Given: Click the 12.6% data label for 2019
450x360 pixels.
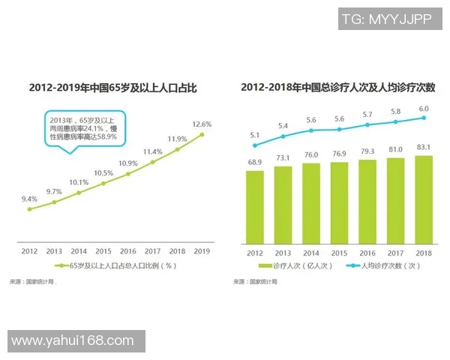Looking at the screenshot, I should coord(202,124).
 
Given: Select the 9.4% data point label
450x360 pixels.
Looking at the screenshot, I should coord(29,199).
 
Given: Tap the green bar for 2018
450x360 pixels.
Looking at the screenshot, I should coord(424,199).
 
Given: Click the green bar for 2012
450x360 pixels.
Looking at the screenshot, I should coord(255,206).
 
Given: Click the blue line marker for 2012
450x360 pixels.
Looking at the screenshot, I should coord(255,145).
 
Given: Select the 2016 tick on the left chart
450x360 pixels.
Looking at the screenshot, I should coord(127,251).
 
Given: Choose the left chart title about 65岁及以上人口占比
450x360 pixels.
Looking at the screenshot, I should coord(112,88).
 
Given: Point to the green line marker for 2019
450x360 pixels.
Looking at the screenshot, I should coord(202,134).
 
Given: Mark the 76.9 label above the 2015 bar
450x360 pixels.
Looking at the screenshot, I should coord(339,154).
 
